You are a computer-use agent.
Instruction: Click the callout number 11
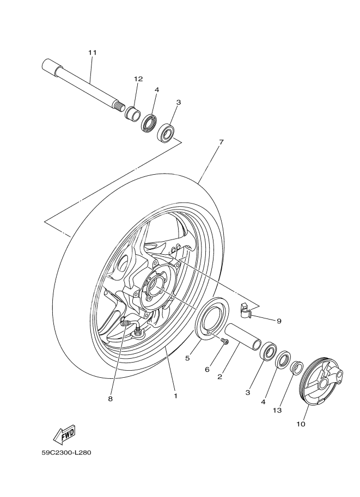[92, 52]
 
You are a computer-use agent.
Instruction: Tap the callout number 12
[138, 79]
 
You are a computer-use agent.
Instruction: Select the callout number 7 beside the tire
[221, 142]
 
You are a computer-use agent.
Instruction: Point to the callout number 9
[279, 321]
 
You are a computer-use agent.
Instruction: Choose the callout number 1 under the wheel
[175, 396]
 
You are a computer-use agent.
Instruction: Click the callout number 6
[207, 369]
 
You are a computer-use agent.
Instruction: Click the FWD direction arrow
[64, 434]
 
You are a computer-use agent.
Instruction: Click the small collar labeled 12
[133, 114]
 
